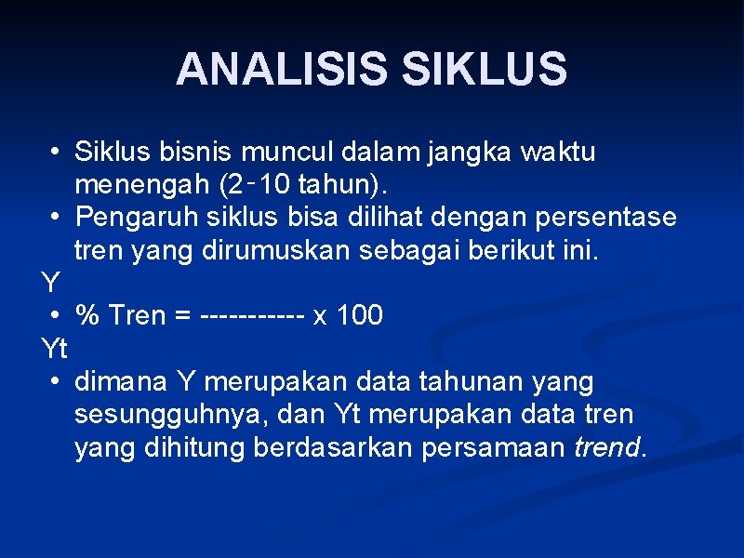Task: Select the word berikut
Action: point(531,251)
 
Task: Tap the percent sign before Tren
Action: point(88,316)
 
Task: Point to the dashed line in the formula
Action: point(252,316)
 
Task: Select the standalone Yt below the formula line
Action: point(55,350)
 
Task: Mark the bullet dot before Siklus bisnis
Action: point(57,151)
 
